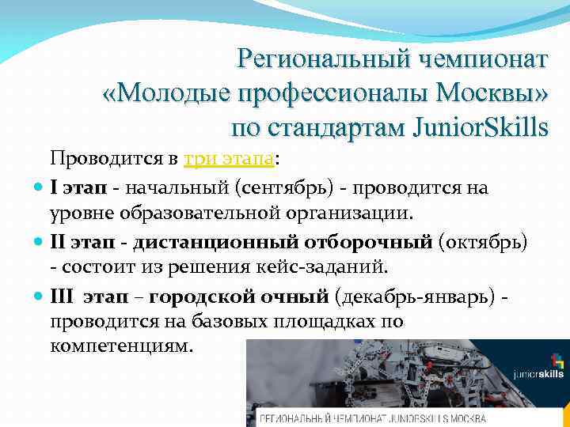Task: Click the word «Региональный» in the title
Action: (x=313, y=59)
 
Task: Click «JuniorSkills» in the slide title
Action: (x=471, y=127)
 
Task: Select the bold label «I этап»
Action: (x=78, y=189)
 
